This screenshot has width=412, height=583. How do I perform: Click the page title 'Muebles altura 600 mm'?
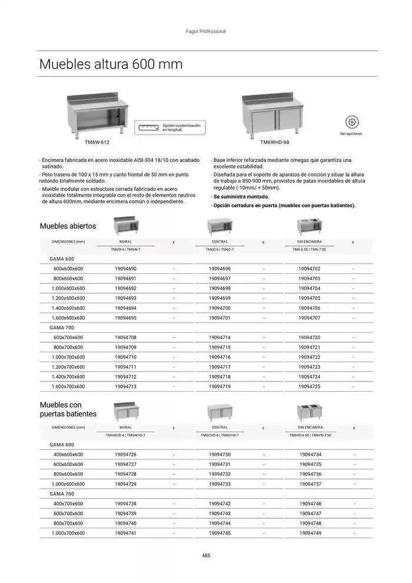111,64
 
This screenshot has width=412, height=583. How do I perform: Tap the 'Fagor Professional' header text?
206,31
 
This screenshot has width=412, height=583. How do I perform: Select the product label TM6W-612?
97,143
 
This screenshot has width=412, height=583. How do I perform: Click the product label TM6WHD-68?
274,143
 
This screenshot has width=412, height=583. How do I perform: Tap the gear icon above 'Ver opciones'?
351,122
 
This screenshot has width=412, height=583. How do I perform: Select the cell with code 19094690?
125,269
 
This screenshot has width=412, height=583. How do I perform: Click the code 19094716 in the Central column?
220,357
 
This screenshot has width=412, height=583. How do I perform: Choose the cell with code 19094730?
220,455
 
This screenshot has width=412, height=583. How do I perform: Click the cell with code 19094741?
125,533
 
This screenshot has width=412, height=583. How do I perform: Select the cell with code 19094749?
310,533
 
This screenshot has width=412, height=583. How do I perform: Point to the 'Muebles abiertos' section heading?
68,226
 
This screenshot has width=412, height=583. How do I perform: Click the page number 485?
206,555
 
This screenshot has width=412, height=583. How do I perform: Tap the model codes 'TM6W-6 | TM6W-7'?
125,250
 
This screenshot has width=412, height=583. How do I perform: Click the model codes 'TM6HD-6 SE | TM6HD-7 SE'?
310,435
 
